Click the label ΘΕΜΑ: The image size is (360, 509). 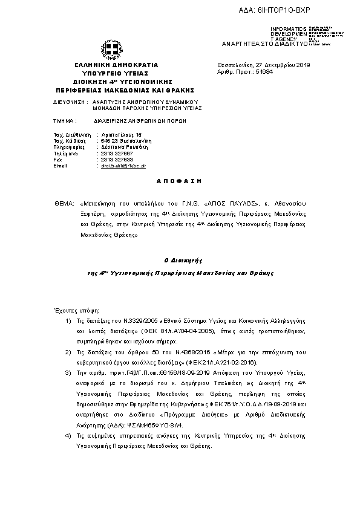pos(63,205)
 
